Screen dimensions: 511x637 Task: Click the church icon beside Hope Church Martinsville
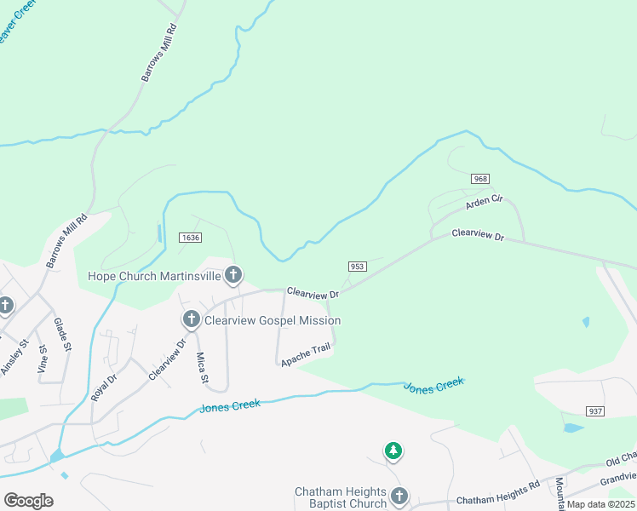click(233, 275)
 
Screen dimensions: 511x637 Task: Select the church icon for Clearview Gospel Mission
click(192, 320)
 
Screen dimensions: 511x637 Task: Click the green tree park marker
click(393, 450)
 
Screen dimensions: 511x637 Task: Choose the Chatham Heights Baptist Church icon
click(399, 497)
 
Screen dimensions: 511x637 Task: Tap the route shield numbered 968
click(481, 179)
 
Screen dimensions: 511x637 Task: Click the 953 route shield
click(357, 267)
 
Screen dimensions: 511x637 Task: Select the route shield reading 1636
click(190, 238)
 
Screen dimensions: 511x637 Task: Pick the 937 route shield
click(595, 411)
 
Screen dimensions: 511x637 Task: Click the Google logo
click(28, 501)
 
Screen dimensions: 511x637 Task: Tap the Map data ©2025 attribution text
click(600, 504)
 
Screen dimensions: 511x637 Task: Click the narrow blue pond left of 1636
click(159, 233)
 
